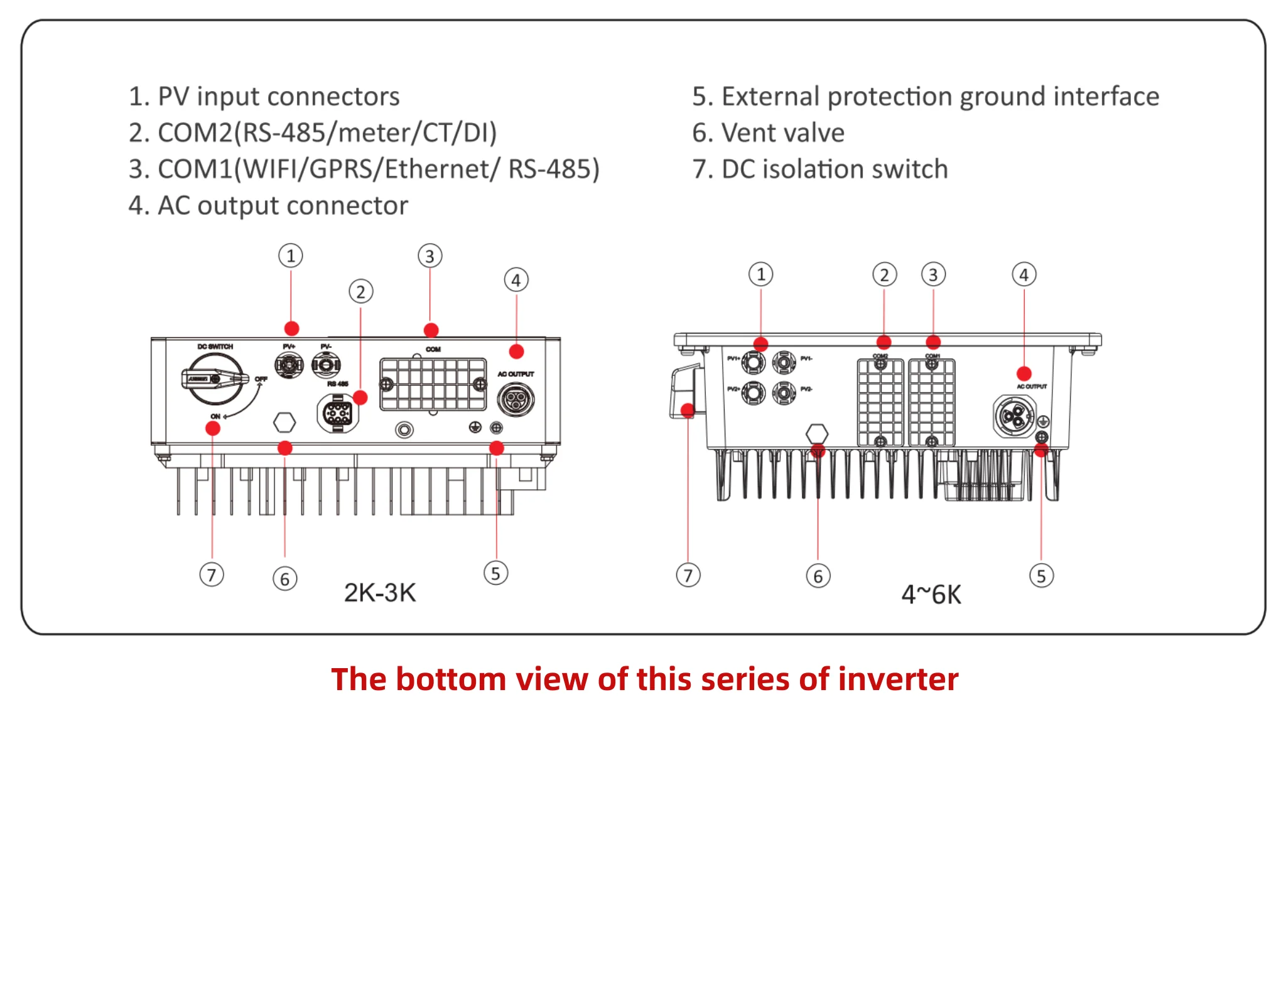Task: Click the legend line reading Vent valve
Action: click(x=768, y=133)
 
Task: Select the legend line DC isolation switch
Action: click(x=820, y=170)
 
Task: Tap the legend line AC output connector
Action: click(x=268, y=206)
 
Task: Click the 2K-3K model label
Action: click(x=379, y=593)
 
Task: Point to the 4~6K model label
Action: click(x=931, y=595)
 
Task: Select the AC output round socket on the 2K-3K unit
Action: click(x=516, y=399)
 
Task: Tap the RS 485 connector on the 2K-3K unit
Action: click(x=338, y=413)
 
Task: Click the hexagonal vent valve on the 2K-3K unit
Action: click(x=284, y=422)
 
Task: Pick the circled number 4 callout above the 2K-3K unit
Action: click(x=516, y=280)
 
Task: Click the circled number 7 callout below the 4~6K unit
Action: click(x=688, y=575)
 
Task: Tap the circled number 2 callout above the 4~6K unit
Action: click(x=884, y=275)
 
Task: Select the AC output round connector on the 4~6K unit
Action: click(x=1013, y=416)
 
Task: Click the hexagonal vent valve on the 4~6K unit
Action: click(x=816, y=433)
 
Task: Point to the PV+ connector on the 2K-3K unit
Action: click(x=289, y=364)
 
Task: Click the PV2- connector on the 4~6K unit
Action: click(x=784, y=392)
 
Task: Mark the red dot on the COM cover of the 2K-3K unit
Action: click(x=431, y=330)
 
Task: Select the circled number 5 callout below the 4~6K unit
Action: click(x=1041, y=576)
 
